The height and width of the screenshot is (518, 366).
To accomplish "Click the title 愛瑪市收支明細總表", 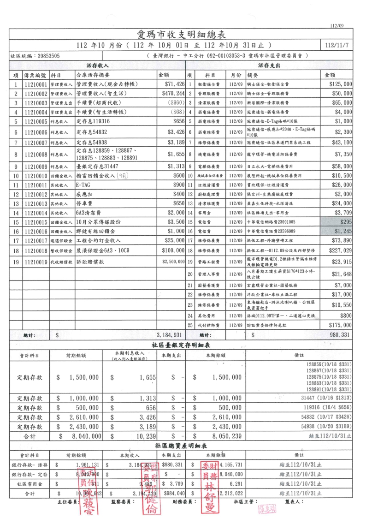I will (183, 35).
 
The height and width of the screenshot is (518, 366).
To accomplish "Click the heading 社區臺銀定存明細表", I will (183, 345).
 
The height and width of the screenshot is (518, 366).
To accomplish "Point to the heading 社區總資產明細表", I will (183, 446).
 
